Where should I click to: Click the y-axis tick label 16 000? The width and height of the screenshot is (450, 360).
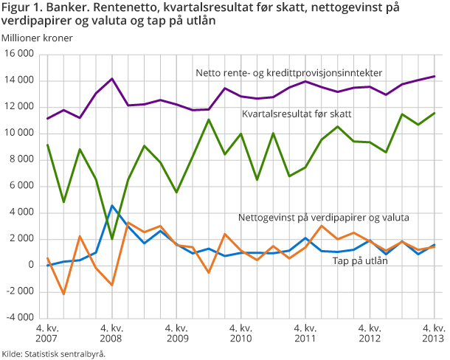tap(20, 55)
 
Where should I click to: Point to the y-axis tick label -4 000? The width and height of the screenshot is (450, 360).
tap(20, 318)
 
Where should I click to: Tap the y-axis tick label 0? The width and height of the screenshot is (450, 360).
tap(30, 266)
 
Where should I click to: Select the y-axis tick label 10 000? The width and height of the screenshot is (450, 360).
tap(20, 134)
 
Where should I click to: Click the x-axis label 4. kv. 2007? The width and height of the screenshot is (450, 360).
tap(46, 333)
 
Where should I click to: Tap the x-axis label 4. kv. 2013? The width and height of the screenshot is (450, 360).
tap(432, 333)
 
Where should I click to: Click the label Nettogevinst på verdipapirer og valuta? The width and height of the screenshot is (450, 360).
tap(323, 218)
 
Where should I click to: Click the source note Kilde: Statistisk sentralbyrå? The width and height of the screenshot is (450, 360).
tap(54, 353)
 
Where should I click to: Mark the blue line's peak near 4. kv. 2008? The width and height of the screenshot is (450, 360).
tap(111, 206)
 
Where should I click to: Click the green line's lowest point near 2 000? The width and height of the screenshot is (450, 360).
tap(111, 239)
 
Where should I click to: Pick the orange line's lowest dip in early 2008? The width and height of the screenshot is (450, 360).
tap(63, 294)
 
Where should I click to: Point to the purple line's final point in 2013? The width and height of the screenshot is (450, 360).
tap(434, 76)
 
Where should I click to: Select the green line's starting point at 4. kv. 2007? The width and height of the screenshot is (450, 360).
tap(47, 145)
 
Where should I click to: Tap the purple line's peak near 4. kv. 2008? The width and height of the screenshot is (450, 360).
tap(111, 78)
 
